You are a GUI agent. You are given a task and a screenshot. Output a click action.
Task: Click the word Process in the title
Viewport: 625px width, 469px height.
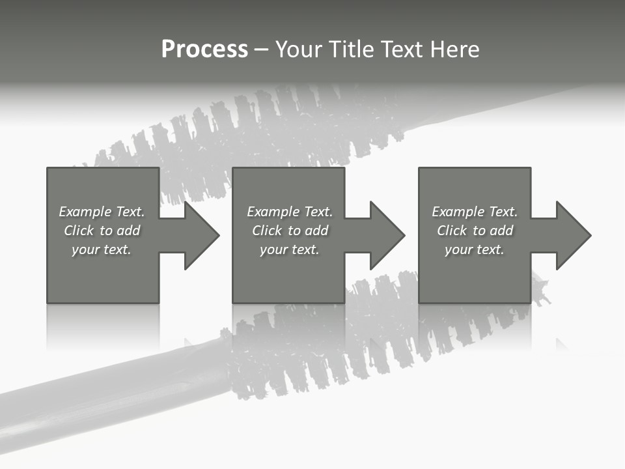tap(204, 50)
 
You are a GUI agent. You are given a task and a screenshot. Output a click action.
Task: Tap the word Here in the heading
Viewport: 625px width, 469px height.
tap(454, 50)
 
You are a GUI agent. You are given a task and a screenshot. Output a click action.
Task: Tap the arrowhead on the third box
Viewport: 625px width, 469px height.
tap(572, 235)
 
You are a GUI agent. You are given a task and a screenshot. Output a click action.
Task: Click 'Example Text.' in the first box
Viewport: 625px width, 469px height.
tap(102, 212)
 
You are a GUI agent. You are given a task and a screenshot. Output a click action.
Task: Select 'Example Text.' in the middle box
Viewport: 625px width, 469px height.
tap(290, 212)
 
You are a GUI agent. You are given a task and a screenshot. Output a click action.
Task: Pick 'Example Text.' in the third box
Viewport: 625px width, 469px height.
tap(475, 212)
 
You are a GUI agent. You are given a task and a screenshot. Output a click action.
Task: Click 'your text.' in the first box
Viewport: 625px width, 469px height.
tap(102, 249)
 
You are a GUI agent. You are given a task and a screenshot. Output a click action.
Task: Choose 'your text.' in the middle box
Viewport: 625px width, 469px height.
tap(290, 249)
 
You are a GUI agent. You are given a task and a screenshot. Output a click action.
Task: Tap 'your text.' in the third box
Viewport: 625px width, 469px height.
tap(475, 249)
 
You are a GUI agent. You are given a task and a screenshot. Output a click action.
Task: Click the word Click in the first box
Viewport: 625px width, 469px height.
tap(79, 231)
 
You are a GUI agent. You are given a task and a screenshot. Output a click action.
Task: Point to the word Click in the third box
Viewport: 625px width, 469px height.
tap(452, 231)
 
